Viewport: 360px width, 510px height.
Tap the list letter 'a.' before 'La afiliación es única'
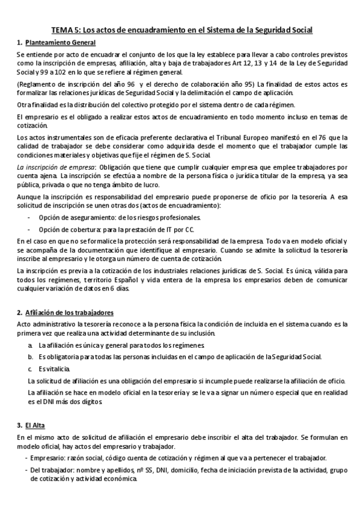[x=31, y=345]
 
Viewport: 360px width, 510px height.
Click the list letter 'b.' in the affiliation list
[x=31, y=357]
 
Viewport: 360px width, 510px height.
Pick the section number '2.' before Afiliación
[x=19, y=313]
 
